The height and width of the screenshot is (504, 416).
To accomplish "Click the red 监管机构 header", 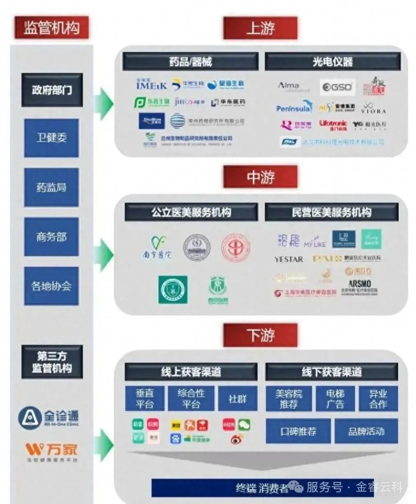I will tap(52, 27).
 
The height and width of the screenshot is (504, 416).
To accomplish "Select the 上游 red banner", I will tap(260, 28).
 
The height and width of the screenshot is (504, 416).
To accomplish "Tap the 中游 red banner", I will tap(260, 177).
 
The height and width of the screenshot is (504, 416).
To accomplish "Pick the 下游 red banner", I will tap(260, 335).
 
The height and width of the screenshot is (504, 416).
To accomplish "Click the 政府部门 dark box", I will tap(52, 90).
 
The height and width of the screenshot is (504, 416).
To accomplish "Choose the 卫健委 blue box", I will tap(52, 138).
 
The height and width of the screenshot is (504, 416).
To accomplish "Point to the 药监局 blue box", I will tap(52, 188).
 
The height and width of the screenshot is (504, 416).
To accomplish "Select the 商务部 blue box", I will tap(52, 237).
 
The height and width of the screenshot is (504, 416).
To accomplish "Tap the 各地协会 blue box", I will tap(52, 286).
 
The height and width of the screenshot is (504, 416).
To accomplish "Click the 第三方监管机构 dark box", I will tap(52, 362).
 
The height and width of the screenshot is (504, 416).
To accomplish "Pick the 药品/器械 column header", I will tap(190, 62).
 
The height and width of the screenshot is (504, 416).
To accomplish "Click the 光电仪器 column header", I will tap(333, 62).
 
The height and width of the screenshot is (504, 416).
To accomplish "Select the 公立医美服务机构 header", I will tap(191, 212).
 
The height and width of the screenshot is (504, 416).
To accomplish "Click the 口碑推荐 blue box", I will tap(298, 432).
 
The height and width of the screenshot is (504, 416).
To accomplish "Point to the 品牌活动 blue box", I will tap(366, 432).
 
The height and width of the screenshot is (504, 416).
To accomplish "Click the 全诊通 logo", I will tap(48, 417).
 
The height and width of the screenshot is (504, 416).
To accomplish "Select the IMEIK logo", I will tap(151, 85).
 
